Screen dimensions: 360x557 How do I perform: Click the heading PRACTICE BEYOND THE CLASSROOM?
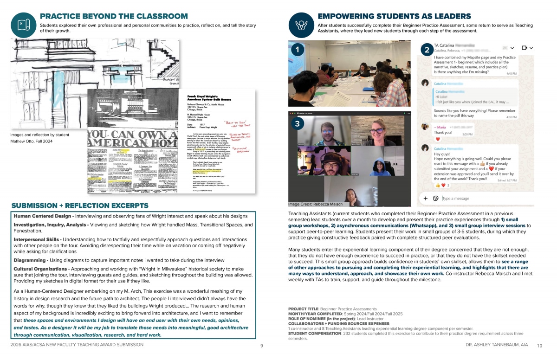(x=114, y=16)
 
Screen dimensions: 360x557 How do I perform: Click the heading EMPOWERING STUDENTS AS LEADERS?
(x=394, y=16)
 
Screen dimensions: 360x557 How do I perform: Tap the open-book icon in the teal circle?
(x=23, y=25)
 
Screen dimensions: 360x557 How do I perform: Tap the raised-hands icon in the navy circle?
(x=301, y=25)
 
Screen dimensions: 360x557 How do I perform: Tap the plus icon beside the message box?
(x=425, y=198)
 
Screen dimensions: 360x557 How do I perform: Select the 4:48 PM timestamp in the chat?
(x=512, y=74)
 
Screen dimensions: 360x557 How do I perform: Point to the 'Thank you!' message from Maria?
(x=442, y=132)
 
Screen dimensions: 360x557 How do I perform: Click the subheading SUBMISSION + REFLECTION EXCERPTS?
(x=80, y=206)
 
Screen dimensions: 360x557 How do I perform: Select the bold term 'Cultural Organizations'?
(x=40, y=269)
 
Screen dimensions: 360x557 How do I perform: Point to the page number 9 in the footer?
(x=261, y=346)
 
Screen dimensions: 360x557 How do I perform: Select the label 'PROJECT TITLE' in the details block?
(x=303, y=309)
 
